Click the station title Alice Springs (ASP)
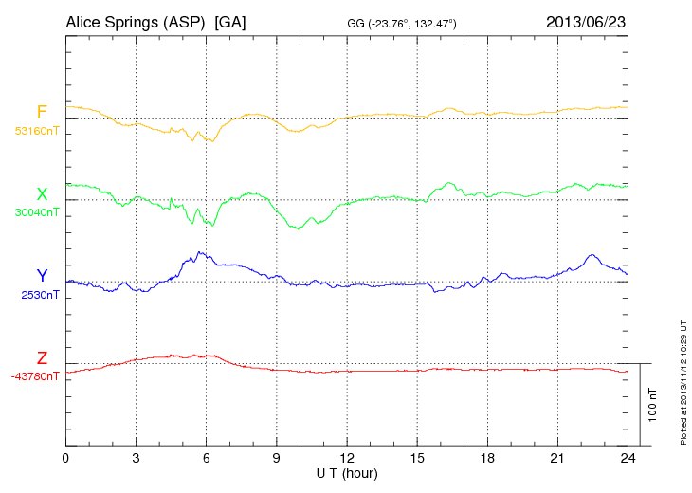[x=136, y=21]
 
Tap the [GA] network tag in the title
[x=230, y=21]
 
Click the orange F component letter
[x=42, y=113]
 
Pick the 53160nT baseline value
[x=37, y=131]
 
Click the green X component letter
[x=42, y=194]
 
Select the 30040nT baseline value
[x=37, y=212]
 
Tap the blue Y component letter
[x=42, y=276]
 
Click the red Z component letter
[x=42, y=358]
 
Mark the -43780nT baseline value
[x=36, y=376]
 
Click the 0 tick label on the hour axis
[x=65, y=458]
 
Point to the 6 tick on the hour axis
[x=206, y=458]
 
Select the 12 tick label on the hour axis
[x=347, y=458]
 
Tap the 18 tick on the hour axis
[x=487, y=458]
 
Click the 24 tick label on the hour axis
[x=628, y=458]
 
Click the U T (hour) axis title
[x=347, y=472]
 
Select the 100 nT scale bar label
[x=653, y=404]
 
